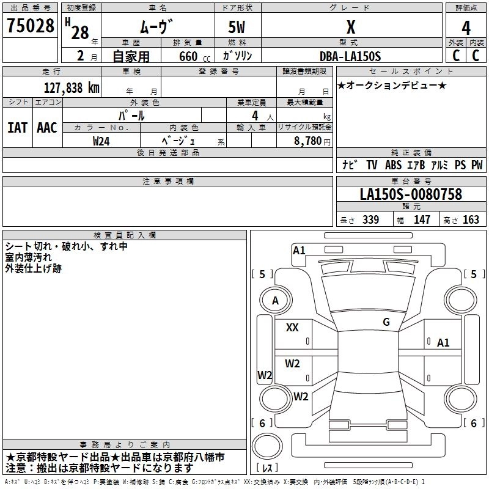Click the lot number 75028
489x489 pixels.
coord(30,26)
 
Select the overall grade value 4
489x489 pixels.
coord(466,28)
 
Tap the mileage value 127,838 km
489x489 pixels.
coord(72,88)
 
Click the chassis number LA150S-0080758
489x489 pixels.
coord(411,194)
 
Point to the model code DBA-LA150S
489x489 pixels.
coord(350,56)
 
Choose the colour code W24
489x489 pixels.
coord(101,141)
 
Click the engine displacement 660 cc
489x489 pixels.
coord(194,57)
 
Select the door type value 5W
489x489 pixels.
coord(237,27)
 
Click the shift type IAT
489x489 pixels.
coord(18,128)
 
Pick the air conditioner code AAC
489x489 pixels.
coord(47,128)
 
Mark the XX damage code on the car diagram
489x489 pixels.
coord(292,328)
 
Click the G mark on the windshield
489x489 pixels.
coord(386,322)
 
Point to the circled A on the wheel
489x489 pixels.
coord(276,301)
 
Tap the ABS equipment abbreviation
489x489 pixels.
coord(393,165)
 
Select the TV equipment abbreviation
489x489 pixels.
coord(372,165)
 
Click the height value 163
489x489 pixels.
coord(471,220)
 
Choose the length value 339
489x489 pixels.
coord(370,220)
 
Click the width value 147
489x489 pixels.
coord(422,220)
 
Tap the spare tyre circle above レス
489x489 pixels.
coord(267,446)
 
